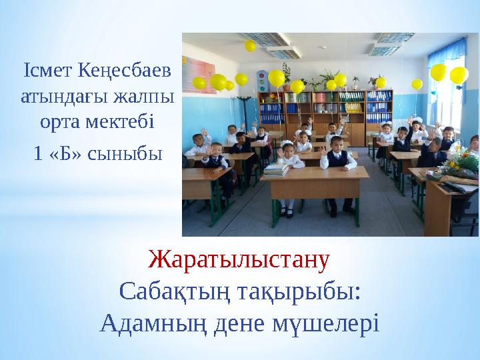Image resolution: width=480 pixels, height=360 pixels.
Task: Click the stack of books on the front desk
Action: pos(275,169)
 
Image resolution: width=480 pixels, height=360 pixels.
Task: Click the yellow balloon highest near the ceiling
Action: pos(251,46)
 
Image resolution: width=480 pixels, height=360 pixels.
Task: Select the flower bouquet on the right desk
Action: pos(463,163)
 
